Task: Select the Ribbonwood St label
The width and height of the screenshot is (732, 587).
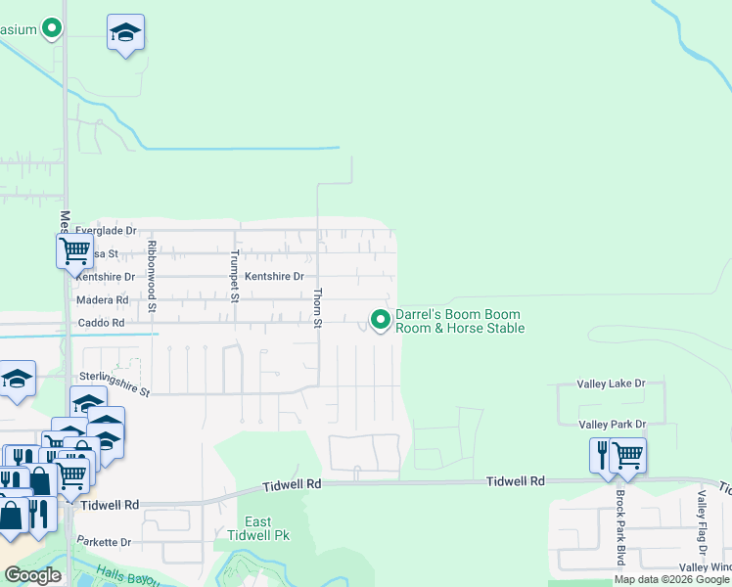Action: (x=153, y=276)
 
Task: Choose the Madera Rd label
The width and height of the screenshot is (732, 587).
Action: (x=102, y=300)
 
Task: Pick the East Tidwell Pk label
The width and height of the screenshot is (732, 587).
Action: (x=258, y=528)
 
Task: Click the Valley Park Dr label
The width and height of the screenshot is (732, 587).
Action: (x=613, y=424)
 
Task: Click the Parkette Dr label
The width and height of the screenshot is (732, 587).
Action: (x=104, y=541)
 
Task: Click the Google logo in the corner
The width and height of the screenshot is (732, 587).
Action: (x=32, y=575)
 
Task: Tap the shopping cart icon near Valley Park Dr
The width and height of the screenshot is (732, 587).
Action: (x=628, y=455)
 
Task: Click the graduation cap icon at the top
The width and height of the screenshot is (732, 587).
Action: (x=125, y=33)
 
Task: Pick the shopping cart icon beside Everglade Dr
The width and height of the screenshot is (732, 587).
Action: (x=74, y=249)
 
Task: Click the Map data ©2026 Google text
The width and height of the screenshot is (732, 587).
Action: (x=671, y=579)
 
